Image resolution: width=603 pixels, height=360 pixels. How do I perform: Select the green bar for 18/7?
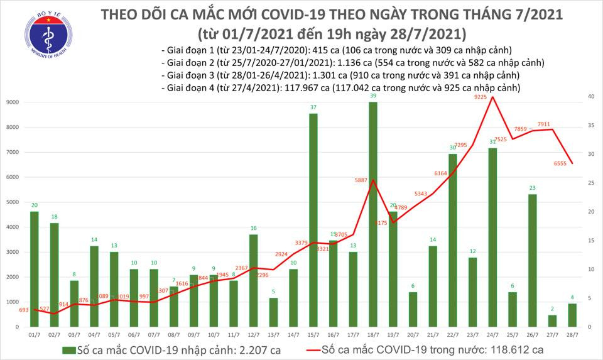click(x=372, y=214)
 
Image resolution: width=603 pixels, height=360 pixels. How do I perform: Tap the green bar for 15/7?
click(x=312, y=220)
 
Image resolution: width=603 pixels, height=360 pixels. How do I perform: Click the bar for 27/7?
click(x=551, y=321)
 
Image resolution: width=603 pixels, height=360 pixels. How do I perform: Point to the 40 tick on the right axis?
click(x=591, y=97)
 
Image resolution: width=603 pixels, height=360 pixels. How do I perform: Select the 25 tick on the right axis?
click(x=591, y=183)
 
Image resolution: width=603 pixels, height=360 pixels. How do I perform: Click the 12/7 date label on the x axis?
click(x=252, y=336)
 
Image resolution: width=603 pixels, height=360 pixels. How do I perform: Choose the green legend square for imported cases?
click(x=67, y=349)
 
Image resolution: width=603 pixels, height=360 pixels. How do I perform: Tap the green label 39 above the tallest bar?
click(x=373, y=95)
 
